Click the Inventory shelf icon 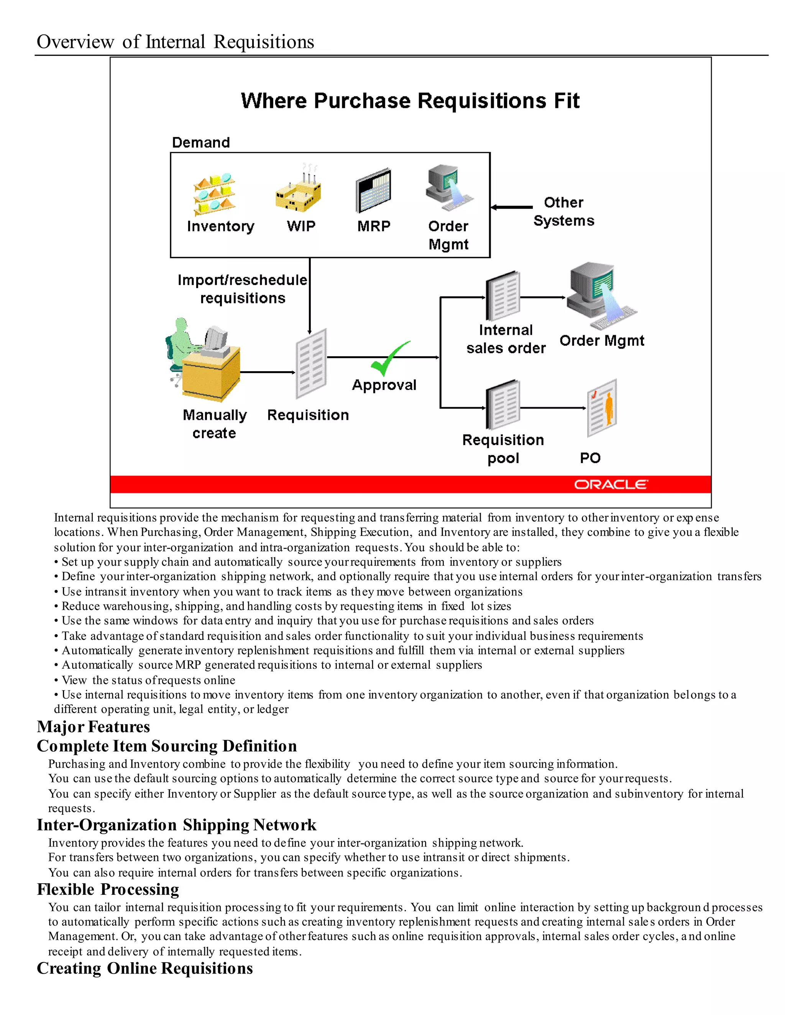point(214,194)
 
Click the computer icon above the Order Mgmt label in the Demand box point(448,188)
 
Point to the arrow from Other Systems point(512,207)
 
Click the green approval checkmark point(389,359)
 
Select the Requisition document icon point(311,363)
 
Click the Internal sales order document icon point(503,296)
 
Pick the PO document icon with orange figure point(602,408)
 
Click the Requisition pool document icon point(503,405)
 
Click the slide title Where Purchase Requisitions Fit point(410,101)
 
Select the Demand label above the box point(201,142)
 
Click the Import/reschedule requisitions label point(242,289)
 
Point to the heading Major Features point(94,726)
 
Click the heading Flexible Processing point(108,889)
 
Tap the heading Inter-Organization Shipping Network point(176,825)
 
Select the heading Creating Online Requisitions point(145,968)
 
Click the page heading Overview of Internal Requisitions point(175,42)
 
